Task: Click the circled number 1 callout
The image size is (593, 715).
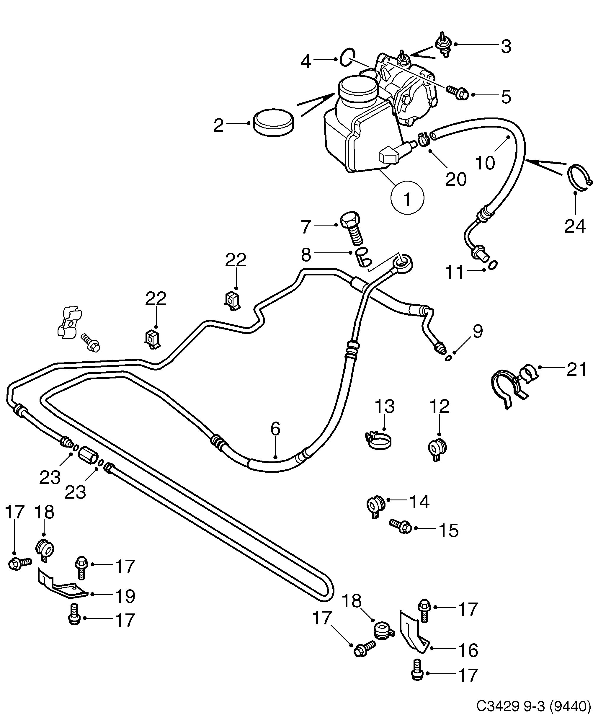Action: (x=407, y=198)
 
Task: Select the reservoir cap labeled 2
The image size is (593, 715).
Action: (x=273, y=123)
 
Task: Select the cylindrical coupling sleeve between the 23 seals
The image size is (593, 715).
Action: (x=88, y=456)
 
